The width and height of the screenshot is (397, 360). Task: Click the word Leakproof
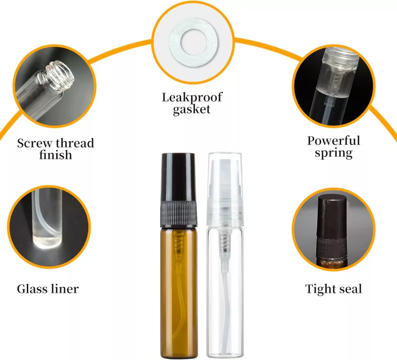(x=192, y=97)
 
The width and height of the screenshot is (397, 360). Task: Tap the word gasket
(x=192, y=109)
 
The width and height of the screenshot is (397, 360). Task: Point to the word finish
(x=55, y=155)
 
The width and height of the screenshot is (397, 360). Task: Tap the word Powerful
(x=333, y=141)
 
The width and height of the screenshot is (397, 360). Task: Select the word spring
(x=333, y=153)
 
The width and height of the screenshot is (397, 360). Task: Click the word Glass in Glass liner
(x=32, y=289)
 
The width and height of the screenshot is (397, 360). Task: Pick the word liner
(x=64, y=289)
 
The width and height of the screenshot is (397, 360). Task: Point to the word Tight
(x=319, y=289)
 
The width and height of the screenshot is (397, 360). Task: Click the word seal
(x=349, y=289)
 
